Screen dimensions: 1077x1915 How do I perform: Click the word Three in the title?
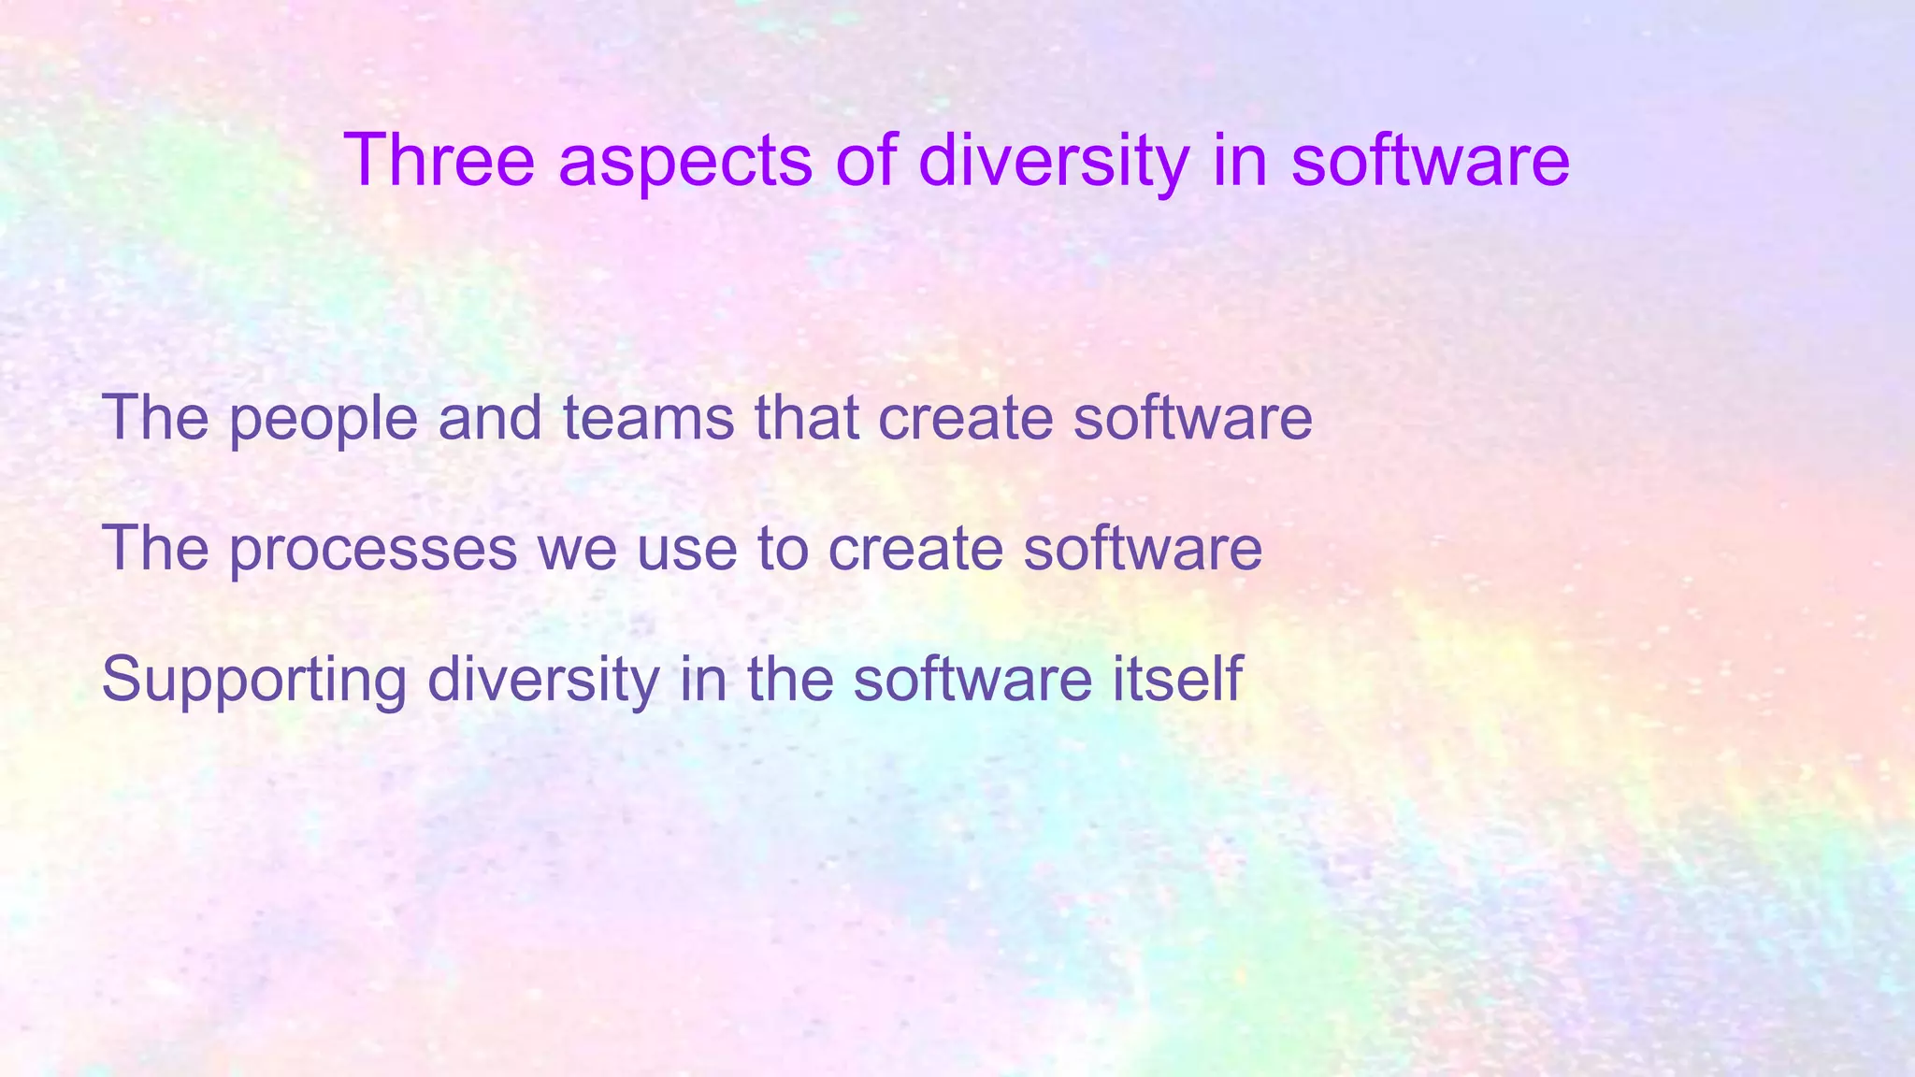[x=439, y=160]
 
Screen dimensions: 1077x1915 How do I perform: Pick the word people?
[x=323, y=419]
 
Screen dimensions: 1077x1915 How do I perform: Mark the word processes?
[x=373, y=550]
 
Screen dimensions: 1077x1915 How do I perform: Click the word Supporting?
[x=253, y=681]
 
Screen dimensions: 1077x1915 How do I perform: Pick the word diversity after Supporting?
[x=543, y=679]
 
